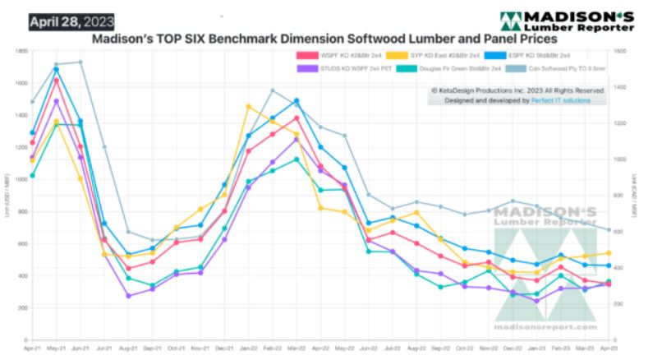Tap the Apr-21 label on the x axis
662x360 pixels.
click(x=33, y=349)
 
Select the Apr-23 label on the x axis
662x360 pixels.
click(x=609, y=349)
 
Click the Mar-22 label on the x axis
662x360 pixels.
click(x=296, y=349)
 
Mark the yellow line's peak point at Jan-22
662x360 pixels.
click(x=248, y=106)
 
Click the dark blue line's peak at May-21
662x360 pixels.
click(x=56, y=69)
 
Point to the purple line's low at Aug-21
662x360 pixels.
click(x=128, y=296)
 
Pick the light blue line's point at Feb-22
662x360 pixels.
click(x=273, y=90)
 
